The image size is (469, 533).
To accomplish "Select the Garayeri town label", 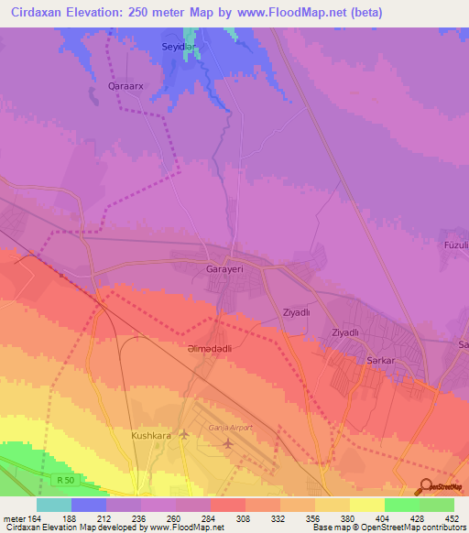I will pyautogui.click(x=224, y=272).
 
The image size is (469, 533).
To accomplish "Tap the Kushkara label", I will pyautogui.click(x=151, y=436).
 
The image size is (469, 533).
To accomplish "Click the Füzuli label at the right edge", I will pyautogui.click(x=455, y=245).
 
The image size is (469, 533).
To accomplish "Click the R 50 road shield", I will pyautogui.click(x=63, y=479).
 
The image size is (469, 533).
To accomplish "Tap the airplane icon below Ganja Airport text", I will pyautogui.click(x=228, y=444).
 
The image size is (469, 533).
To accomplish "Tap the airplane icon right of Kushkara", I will pyautogui.click(x=184, y=434).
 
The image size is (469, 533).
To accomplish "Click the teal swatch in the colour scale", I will pyautogui.click(x=53, y=505).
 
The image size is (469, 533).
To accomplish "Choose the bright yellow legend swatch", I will pyautogui.click(x=366, y=505).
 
